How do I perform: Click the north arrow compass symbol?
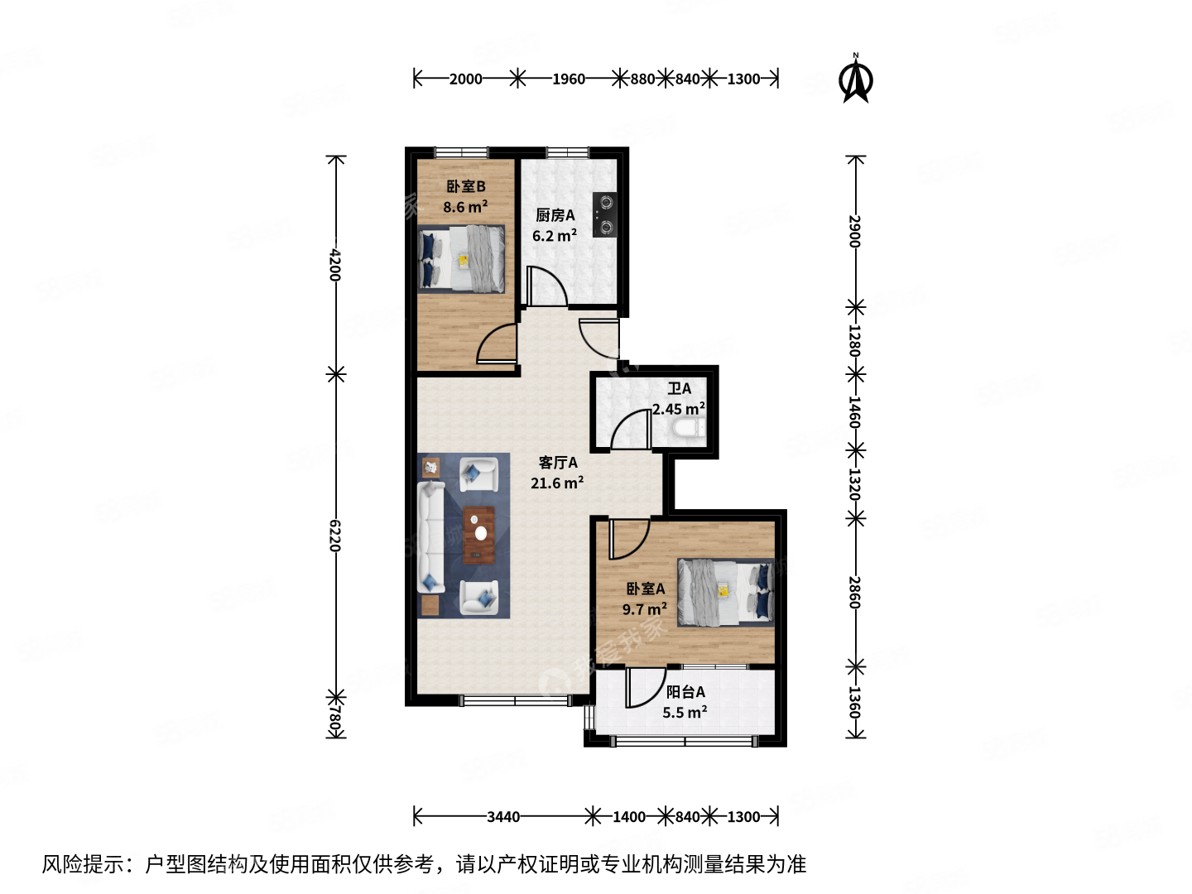pos(856,79)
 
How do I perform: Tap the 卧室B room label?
pos(465,187)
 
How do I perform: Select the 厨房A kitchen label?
pos(555,215)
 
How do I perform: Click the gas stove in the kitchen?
pos(604,214)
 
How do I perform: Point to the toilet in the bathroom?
pos(687,428)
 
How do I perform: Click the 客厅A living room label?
pos(558,463)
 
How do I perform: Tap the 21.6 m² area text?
pos(556,483)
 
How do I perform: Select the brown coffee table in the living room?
pos(478,535)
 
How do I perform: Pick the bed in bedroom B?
pos(462,258)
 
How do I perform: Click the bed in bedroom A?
pos(725,592)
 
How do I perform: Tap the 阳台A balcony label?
pos(685,692)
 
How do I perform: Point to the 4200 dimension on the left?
pos(335,265)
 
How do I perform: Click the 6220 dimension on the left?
pos(335,536)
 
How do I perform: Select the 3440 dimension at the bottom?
pos(502,817)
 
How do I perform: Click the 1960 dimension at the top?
pos(568,79)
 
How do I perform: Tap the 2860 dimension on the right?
pos(855,593)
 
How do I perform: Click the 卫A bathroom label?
pos(680,388)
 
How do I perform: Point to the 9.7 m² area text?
pos(644,609)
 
